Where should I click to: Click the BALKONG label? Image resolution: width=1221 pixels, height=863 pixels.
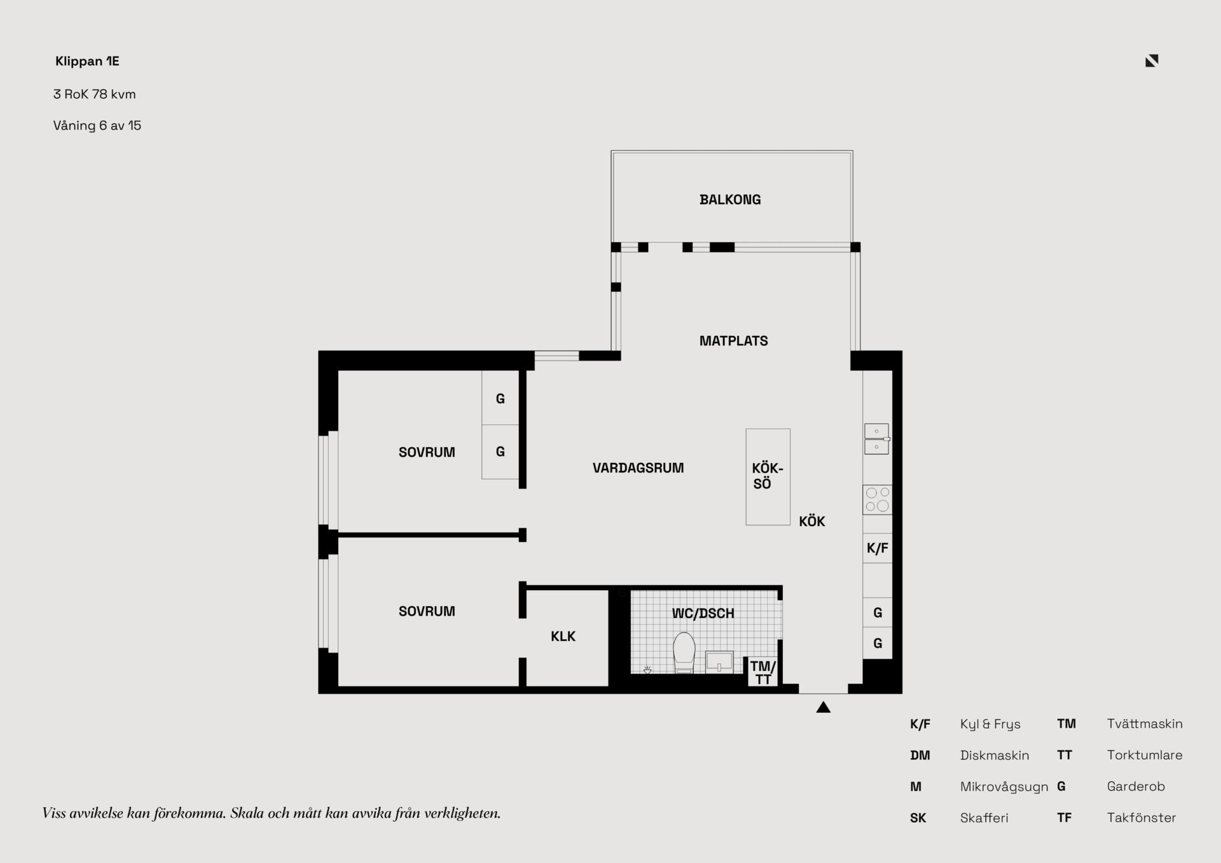click(730, 200)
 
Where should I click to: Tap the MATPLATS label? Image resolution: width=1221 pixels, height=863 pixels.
click(733, 341)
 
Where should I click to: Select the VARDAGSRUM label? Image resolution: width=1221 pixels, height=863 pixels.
click(638, 468)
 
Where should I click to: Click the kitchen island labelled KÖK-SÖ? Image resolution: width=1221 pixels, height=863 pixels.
click(768, 477)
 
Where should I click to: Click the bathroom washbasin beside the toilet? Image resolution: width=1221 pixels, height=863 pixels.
click(719, 662)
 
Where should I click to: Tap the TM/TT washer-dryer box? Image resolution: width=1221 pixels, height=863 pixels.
click(762, 672)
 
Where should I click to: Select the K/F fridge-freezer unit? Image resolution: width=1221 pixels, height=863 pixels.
click(878, 548)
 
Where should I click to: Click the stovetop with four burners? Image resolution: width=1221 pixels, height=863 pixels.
click(878, 500)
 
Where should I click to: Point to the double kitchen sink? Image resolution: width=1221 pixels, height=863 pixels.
click(877, 439)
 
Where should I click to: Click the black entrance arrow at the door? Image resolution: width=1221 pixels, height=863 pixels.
click(824, 707)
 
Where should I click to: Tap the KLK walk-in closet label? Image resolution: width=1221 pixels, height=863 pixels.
click(563, 637)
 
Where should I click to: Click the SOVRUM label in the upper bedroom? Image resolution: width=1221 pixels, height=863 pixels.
click(427, 452)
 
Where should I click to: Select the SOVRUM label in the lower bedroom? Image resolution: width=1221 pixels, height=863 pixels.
click(427, 611)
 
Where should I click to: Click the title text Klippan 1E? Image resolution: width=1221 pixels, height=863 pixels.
click(87, 61)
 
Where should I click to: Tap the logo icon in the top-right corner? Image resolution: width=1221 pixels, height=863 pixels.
click(1152, 60)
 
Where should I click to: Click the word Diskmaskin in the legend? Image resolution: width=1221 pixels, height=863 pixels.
click(995, 756)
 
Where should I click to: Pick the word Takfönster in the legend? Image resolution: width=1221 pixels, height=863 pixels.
click(1142, 818)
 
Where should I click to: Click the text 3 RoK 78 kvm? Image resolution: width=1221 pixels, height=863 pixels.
click(95, 94)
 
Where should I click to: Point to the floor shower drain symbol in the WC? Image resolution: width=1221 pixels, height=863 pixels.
click(647, 670)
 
